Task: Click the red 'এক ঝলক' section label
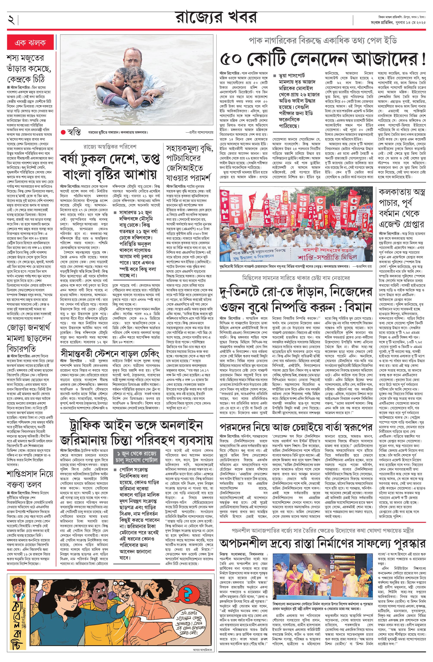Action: [30, 43]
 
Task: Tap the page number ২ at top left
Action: [11, 19]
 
